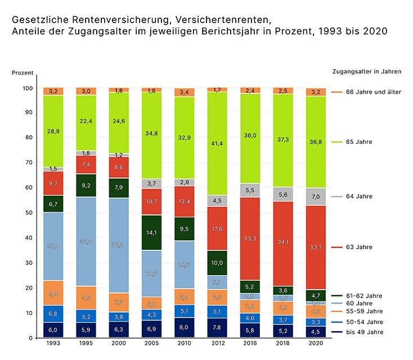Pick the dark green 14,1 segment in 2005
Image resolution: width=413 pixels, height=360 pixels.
point(152,232)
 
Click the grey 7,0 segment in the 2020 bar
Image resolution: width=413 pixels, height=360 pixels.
point(316,196)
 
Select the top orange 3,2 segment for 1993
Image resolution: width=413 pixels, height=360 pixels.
point(53,91)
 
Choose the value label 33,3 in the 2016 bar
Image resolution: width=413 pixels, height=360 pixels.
point(250,238)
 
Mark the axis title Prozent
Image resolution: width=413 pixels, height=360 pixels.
point(23,74)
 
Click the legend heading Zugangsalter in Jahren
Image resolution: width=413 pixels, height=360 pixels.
point(366,71)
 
